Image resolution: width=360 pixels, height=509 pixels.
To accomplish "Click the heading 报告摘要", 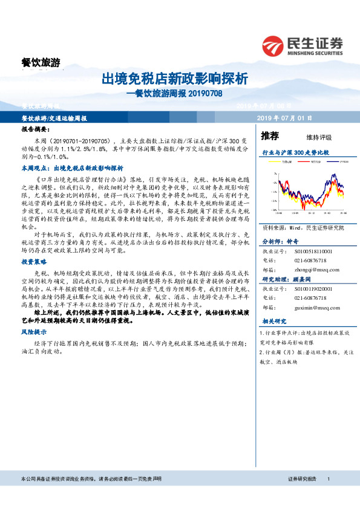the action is point(36,130).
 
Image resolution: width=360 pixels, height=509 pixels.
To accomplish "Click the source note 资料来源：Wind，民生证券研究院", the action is point(302,228).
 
